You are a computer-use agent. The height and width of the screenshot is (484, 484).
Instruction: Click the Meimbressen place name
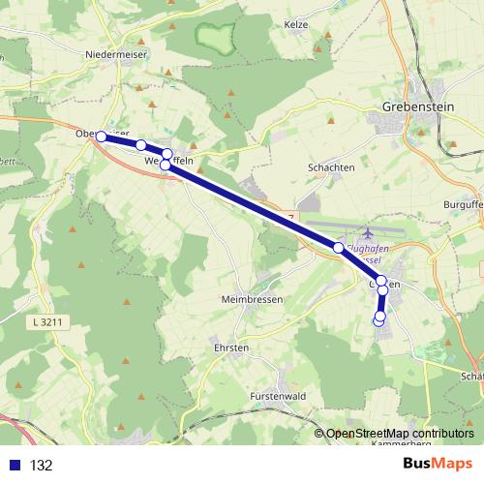pyautogui.click(x=252, y=299)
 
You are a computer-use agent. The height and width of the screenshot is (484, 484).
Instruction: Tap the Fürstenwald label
pyautogui.click(x=278, y=396)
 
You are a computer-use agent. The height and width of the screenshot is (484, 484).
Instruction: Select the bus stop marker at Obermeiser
pyautogui.click(x=101, y=136)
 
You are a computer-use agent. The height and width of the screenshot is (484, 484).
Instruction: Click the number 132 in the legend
pyautogui.click(x=42, y=465)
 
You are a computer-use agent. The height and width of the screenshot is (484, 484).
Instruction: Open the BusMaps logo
pyautogui.click(x=438, y=464)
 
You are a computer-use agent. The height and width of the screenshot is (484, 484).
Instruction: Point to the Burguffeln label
pyautogui.click(x=461, y=205)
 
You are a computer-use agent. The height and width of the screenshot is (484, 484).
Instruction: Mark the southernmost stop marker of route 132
pyautogui.click(x=378, y=318)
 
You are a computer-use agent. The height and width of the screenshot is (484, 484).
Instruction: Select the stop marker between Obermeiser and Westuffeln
pyautogui.click(x=141, y=145)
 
